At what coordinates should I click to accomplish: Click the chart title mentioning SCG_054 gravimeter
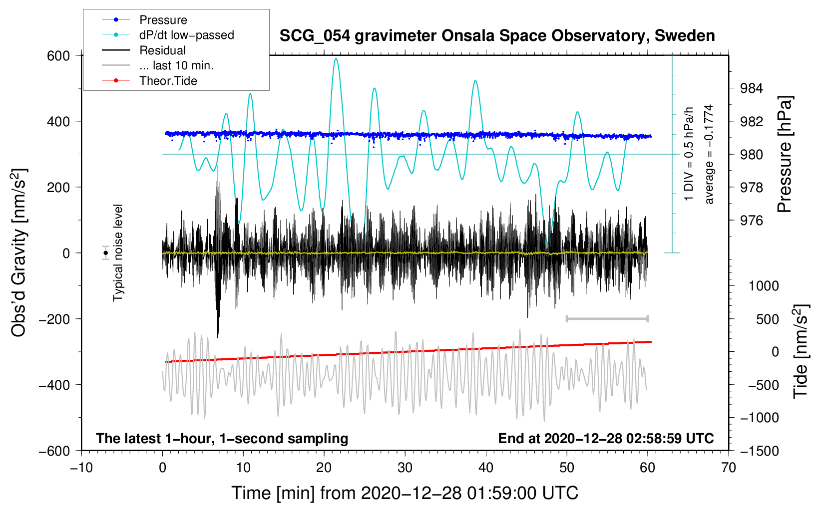point(497,36)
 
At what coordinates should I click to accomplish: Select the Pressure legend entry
point(145,19)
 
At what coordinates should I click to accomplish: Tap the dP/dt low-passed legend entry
point(168,35)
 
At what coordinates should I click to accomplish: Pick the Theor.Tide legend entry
point(149,81)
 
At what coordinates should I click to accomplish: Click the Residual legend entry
point(144,50)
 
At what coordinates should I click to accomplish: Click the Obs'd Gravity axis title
point(18,253)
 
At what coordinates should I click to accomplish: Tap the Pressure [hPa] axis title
point(784,154)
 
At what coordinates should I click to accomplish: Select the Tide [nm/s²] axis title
point(801,351)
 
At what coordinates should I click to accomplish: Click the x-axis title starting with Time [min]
point(405,493)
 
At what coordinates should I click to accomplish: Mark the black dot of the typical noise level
point(106,253)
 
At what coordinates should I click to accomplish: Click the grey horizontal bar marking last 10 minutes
point(607,318)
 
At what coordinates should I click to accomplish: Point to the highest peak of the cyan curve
point(336,59)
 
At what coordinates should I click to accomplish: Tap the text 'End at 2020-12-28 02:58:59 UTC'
point(606,438)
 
